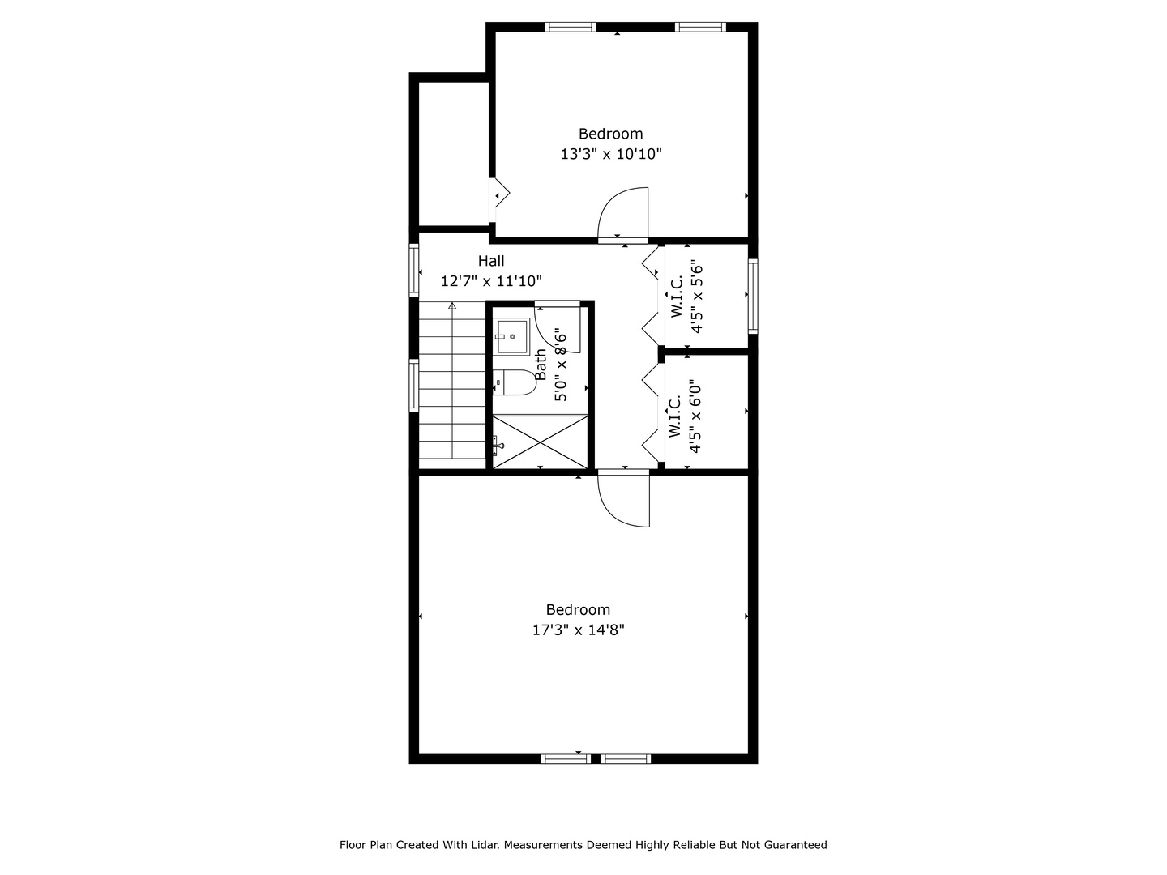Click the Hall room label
491,261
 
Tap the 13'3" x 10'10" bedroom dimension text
611,154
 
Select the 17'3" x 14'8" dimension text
578,630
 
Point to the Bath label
541,365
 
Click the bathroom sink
513,336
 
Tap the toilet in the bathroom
515,382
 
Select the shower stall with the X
541,442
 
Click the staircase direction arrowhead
452,305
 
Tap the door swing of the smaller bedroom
622,216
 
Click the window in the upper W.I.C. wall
753,297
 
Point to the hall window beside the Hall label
413,270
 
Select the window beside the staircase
413,386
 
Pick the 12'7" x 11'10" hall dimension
491,281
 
